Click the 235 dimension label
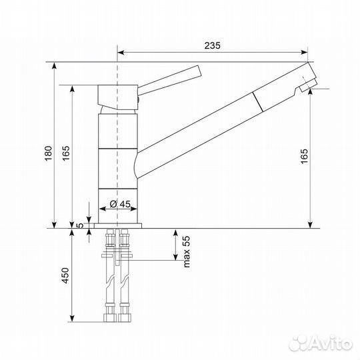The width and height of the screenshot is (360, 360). click(212, 45)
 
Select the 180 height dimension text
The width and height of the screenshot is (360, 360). click(49, 153)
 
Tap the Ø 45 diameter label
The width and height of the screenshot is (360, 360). click(120, 203)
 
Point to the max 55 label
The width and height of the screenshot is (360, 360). click(187, 251)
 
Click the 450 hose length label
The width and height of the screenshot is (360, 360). click(65, 275)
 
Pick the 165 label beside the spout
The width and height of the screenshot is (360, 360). click(304, 157)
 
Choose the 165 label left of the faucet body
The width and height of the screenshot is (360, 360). click(66, 153)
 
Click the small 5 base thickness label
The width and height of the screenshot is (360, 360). click(81, 225)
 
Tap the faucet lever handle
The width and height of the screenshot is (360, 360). click(170, 81)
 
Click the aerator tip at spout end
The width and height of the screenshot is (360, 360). click(308, 86)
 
